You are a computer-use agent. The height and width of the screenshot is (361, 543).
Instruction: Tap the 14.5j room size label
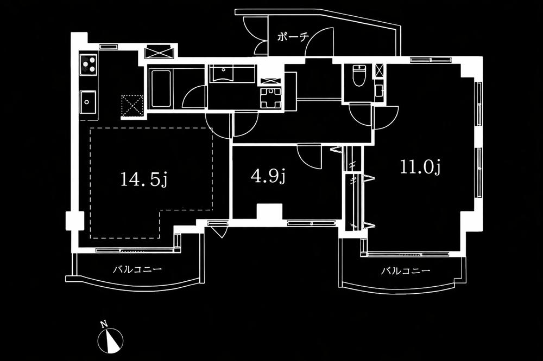(x=143, y=179)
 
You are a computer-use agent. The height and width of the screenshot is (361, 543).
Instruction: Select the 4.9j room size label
(x=268, y=176)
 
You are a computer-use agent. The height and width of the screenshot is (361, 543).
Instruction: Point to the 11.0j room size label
(x=419, y=167)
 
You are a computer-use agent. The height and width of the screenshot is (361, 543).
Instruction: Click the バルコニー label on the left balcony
(x=137, y=269)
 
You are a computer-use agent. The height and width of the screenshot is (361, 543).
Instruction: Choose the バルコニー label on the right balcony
(x=405, y=271)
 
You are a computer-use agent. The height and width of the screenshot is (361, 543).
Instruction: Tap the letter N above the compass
(x=103, y=325)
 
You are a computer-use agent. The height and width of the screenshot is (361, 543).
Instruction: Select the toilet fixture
(x=358, y=75)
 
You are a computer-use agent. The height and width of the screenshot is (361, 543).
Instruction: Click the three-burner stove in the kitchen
(x=89, y=65)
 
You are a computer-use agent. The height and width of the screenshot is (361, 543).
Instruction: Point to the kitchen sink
(x=88, y=101)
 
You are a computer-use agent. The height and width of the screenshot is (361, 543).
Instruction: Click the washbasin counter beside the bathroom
(x=231, y=74)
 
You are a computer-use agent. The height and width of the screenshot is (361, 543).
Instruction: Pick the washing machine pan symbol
(x=270, y=98)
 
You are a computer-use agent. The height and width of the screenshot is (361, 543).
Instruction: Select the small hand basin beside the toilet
(x=378, y=89)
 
